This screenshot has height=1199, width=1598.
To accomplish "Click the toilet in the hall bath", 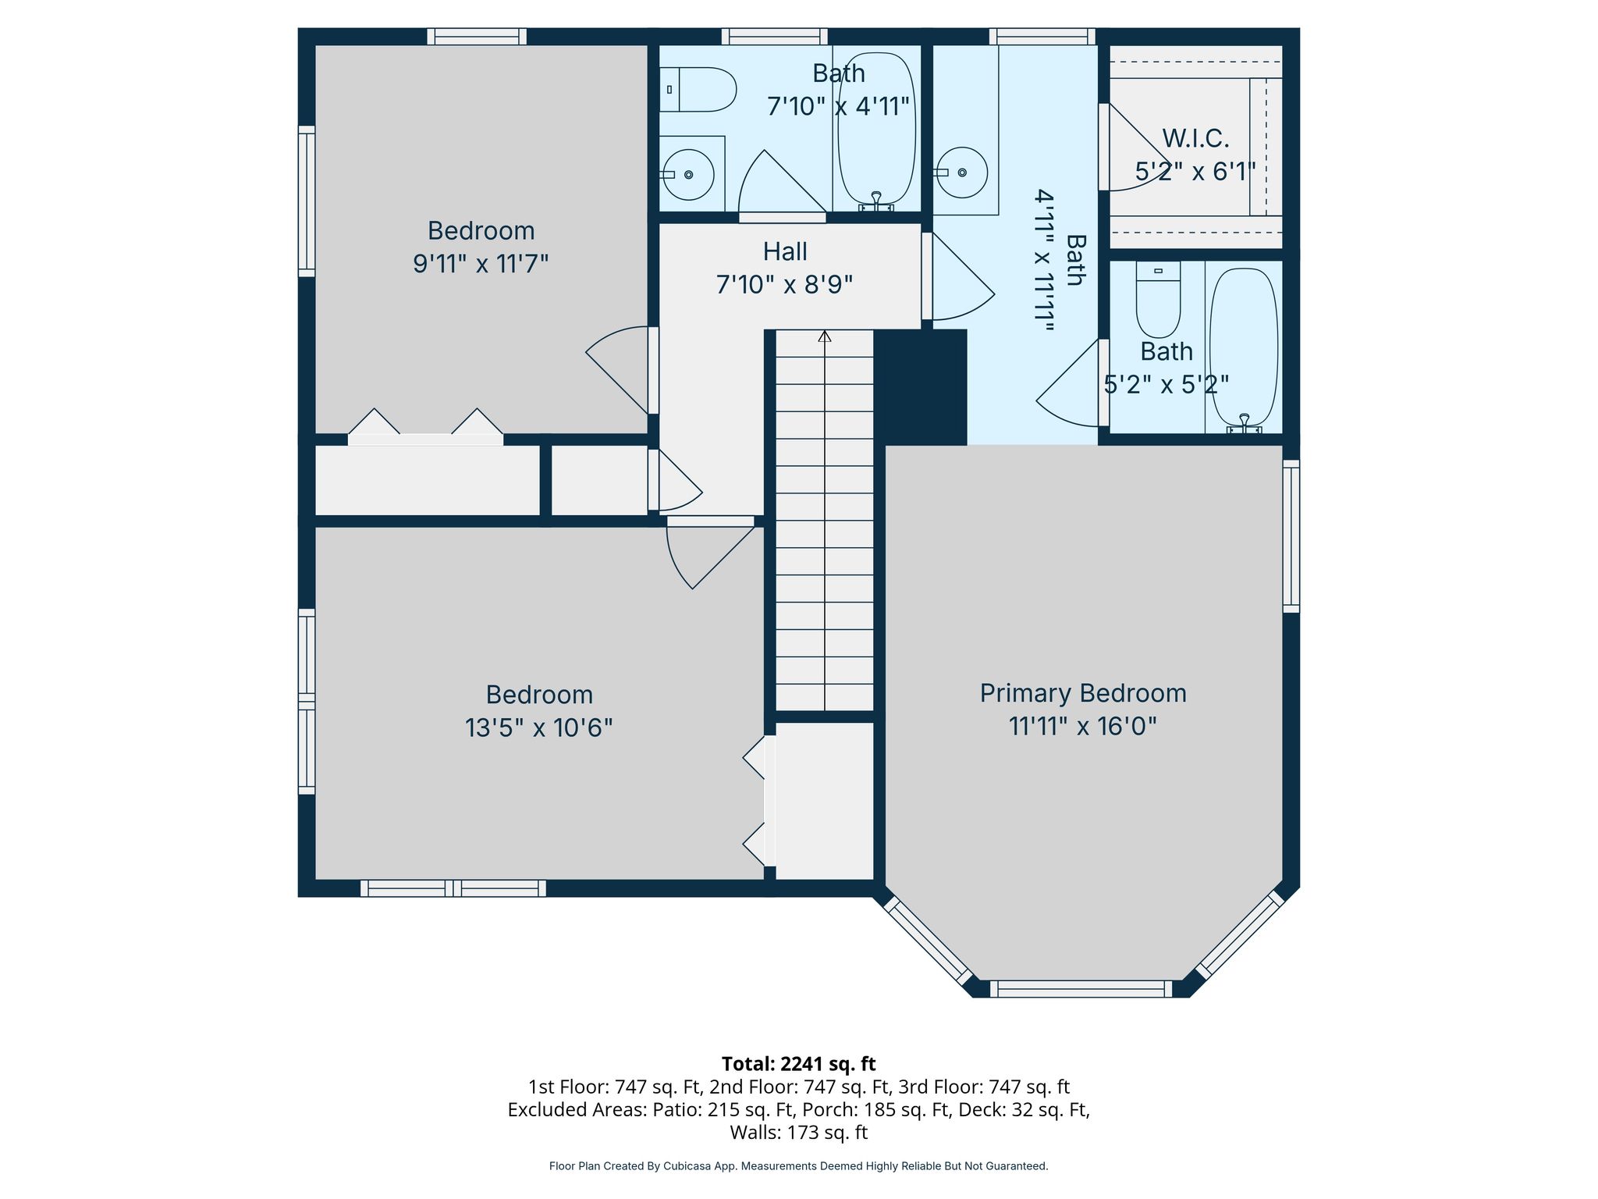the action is pyautogui.click(x=698, y=89).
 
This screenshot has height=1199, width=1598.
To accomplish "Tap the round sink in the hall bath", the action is pyautogui.click(x=688, y=174).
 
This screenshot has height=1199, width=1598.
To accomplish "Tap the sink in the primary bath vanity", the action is pyautogui.click(x=961, y=173).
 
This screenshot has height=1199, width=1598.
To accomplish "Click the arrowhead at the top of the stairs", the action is pyautogui.click(x=825, y=336).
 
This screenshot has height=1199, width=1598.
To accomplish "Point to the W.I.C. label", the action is pyautogui.click(x=1195, y=139).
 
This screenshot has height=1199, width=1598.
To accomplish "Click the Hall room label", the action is pyautogui.click(x=785, y=251).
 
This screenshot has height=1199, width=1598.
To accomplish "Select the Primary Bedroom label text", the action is pyautogui.click(x=1083, y=693).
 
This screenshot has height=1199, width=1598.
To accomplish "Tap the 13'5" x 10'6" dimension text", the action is pyautogui.click(x=539, y=728).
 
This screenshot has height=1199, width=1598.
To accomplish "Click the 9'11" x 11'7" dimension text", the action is pyautogui.click(x=481, y=264).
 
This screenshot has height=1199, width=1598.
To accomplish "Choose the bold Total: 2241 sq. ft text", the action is pyautogui.click(x=798, y=1064).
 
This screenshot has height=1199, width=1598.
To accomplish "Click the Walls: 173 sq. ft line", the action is pyautogui.click(x=798, y=1132).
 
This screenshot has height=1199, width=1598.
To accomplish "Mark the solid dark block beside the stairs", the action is pyautogui.click(x=921, y=387).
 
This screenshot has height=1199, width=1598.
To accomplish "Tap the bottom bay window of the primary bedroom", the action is pyautogui.click(x=1081, y=989).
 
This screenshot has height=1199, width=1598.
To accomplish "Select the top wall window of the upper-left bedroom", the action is pyautogui.click(x=477, y=37).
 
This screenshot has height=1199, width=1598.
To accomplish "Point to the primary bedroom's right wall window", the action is pyautogui.click(x=1291, y=535).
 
